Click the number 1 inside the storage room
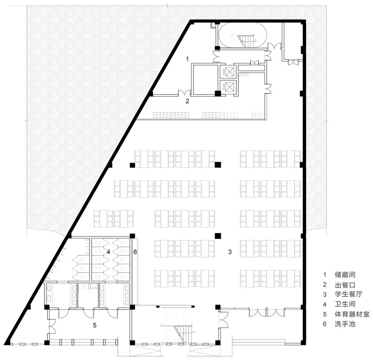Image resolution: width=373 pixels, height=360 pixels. (x=187, y=59)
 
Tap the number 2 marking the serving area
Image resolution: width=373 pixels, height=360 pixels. (x=187, y=101)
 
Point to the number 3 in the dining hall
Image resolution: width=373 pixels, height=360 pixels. (x=230, y=252)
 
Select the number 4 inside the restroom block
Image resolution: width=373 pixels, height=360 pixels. (x=108, y=252)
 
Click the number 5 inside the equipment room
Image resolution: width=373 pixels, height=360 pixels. (x=94, y=325)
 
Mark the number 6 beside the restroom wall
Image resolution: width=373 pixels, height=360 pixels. (x=135, y=252)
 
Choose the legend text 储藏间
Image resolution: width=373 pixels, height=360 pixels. (x=345, y=275)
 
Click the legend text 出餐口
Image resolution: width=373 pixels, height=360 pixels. (x=345, y=284)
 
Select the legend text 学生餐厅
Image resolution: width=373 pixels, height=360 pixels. (x=348, y=294)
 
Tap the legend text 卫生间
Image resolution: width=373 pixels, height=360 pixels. (x=345, y=304)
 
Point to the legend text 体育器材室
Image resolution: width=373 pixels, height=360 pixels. (x=352, y=314)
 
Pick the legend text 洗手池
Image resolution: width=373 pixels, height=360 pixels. (x=345, y=324)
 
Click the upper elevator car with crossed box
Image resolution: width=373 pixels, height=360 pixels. (x=230, y=72)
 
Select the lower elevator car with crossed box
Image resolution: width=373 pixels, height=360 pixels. (x=230, y=86)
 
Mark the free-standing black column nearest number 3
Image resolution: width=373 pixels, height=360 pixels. (x=217, y=235)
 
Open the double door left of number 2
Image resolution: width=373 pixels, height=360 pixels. (x=185, y=93)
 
